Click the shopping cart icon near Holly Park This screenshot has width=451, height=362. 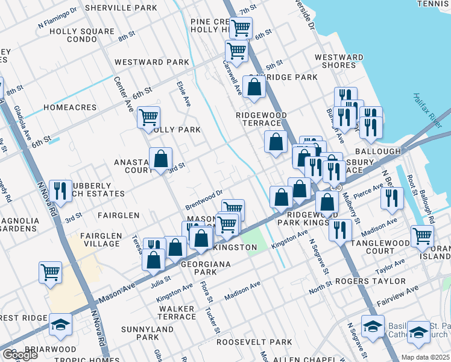(148, 116)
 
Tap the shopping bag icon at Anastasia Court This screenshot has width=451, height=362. (161, 159)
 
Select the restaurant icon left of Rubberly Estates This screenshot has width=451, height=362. (60, 191)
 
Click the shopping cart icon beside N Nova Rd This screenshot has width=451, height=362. (50, 272)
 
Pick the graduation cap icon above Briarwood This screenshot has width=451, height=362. (60, 325)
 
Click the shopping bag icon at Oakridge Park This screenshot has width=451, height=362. (254, 87)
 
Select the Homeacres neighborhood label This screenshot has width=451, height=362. (70, 107)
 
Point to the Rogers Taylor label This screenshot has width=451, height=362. (379, 281)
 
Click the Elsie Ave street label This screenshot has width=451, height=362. (183, 95)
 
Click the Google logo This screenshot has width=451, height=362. (19, 355)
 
